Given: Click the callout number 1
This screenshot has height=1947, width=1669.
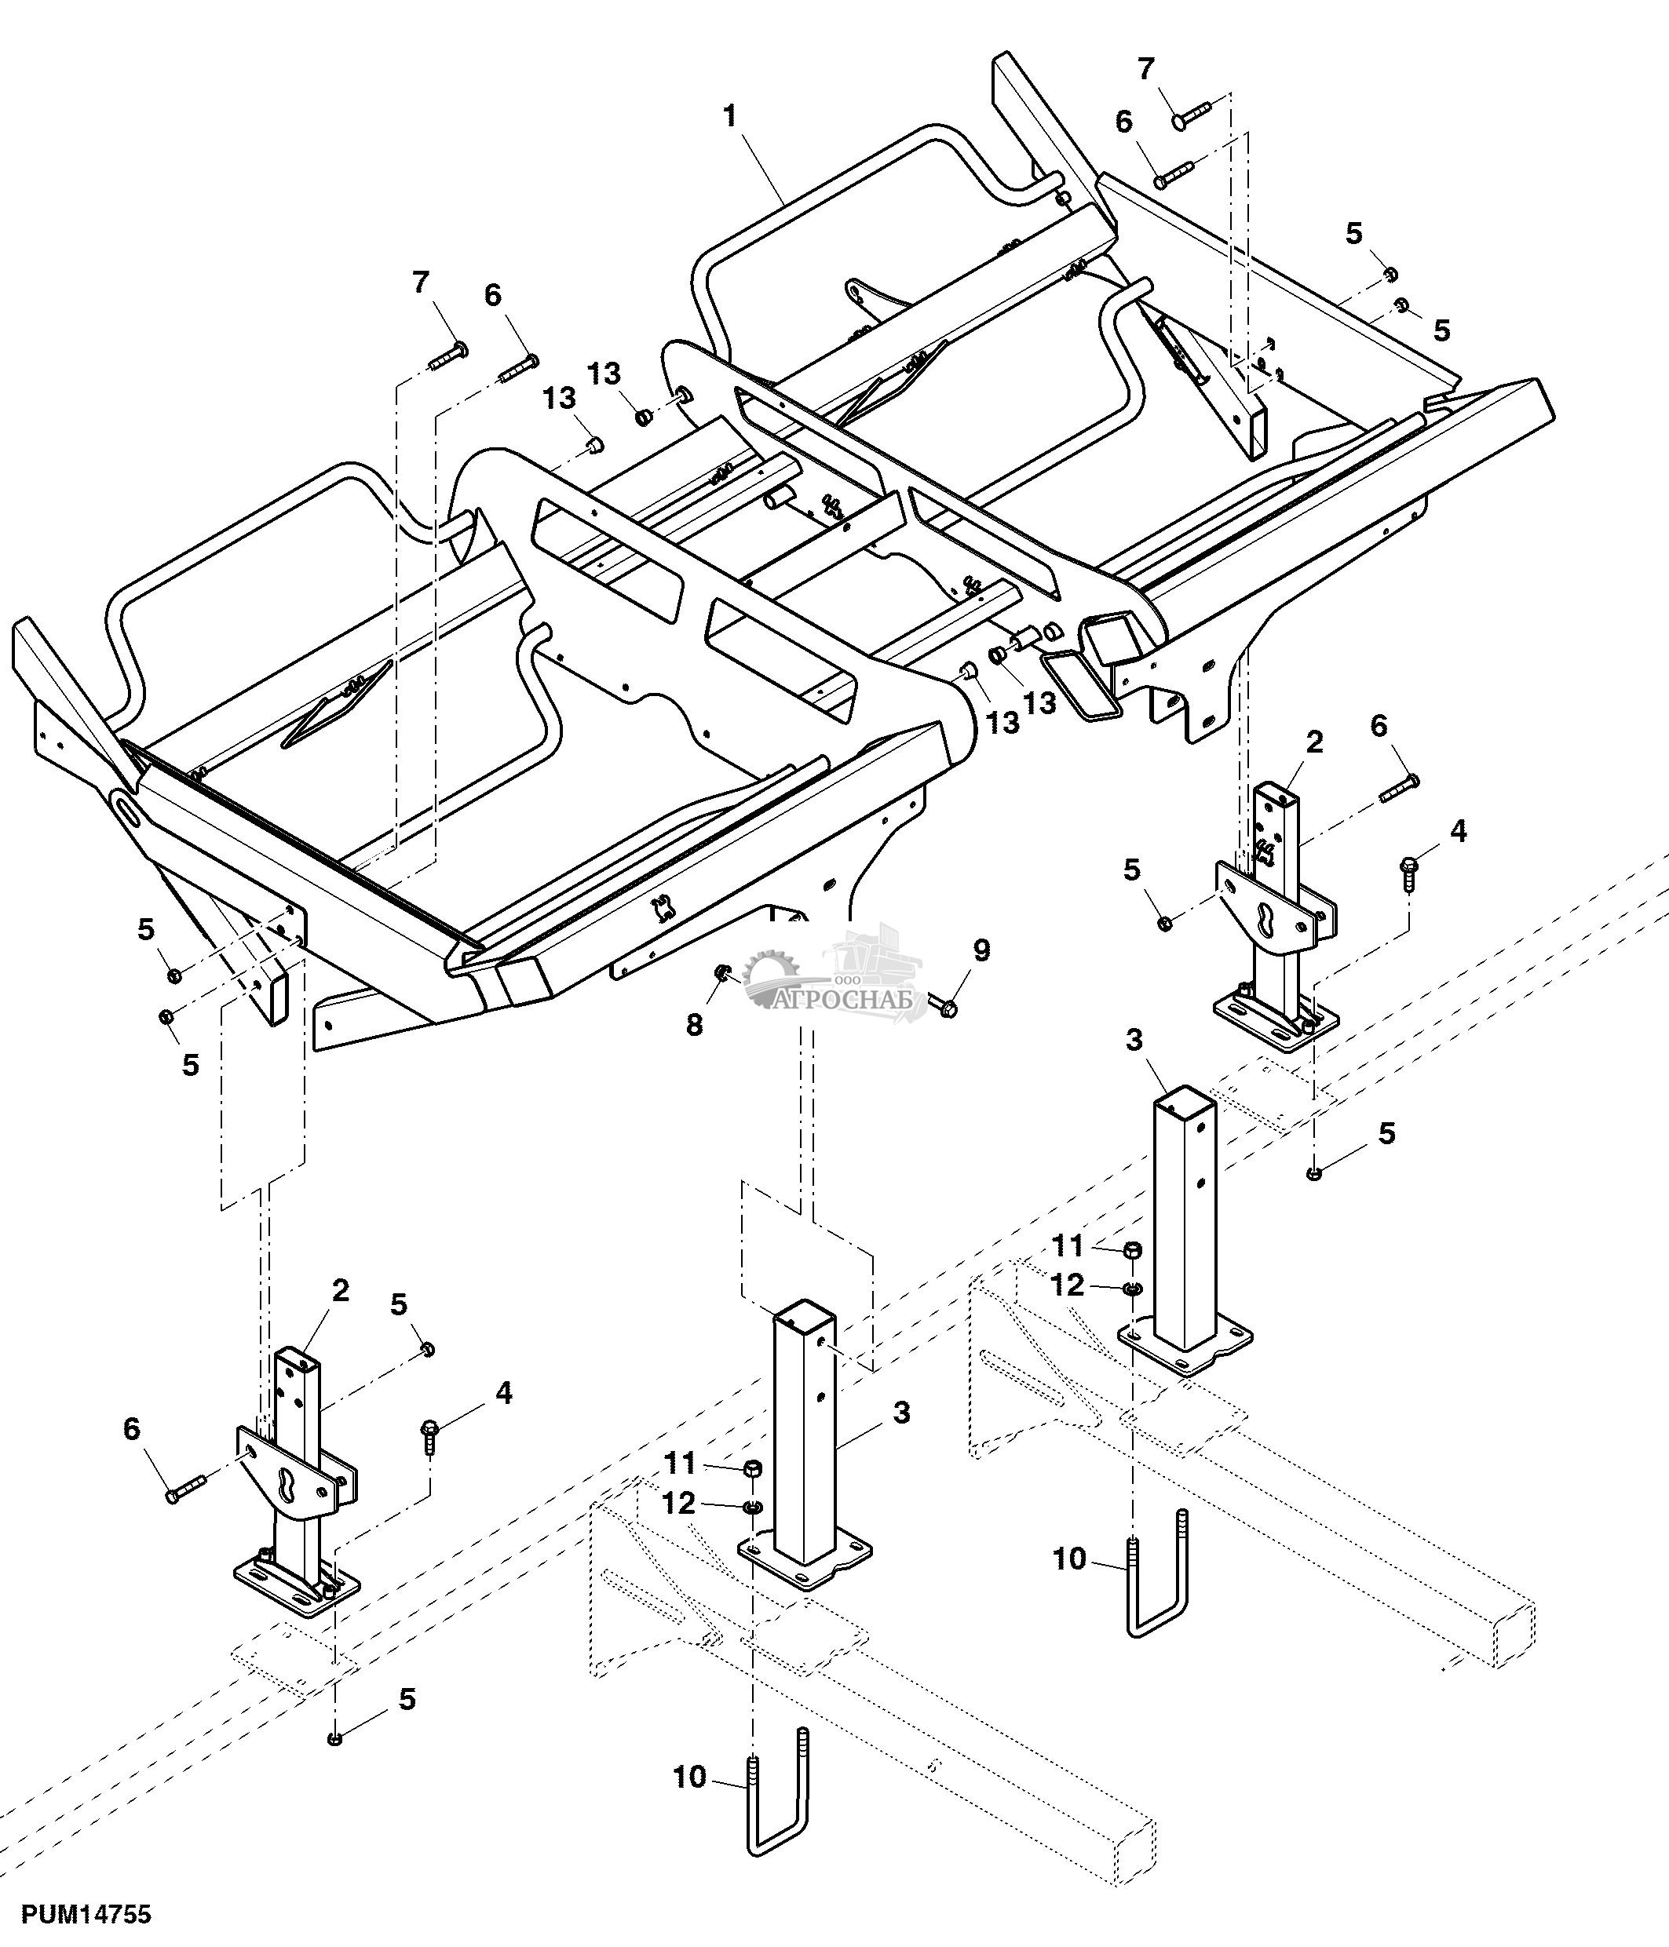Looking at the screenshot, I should point(730,116).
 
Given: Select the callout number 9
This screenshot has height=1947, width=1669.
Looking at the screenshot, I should point(981,950).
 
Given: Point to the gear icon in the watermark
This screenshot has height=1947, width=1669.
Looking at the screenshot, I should point(769,976).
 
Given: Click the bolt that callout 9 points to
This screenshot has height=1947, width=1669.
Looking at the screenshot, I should point(943,1005).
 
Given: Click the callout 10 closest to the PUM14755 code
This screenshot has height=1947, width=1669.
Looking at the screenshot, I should point(690,1777).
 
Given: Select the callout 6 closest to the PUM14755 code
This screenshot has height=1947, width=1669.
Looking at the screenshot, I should point(132,1429).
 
